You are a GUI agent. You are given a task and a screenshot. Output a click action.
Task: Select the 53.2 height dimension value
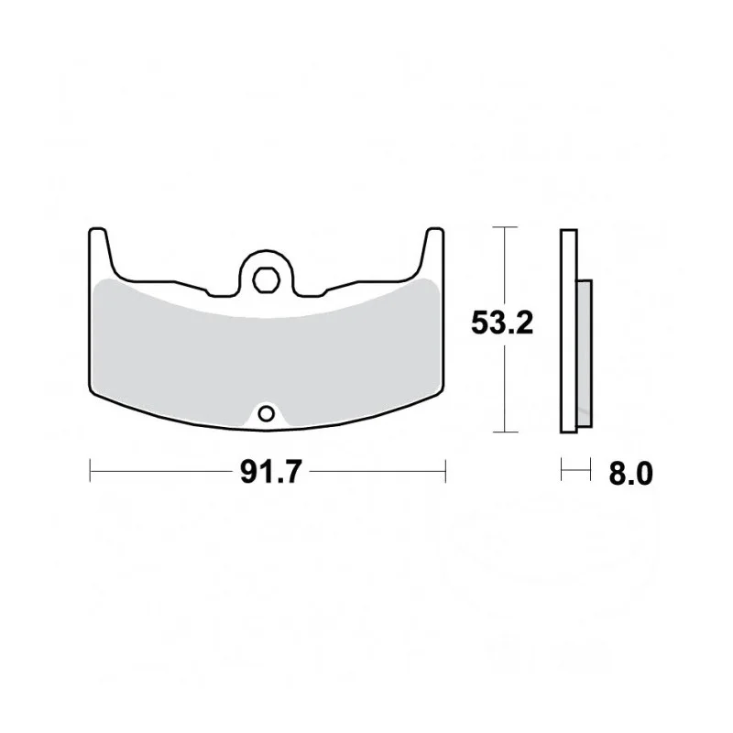502,323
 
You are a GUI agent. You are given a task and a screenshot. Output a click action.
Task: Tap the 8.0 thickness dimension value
630,474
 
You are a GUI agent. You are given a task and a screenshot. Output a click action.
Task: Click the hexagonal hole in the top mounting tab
266,280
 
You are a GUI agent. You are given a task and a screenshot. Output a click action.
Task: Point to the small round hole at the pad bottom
267,414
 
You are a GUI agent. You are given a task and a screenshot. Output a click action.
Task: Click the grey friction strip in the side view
585,354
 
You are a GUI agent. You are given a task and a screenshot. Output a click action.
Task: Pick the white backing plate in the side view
569,331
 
